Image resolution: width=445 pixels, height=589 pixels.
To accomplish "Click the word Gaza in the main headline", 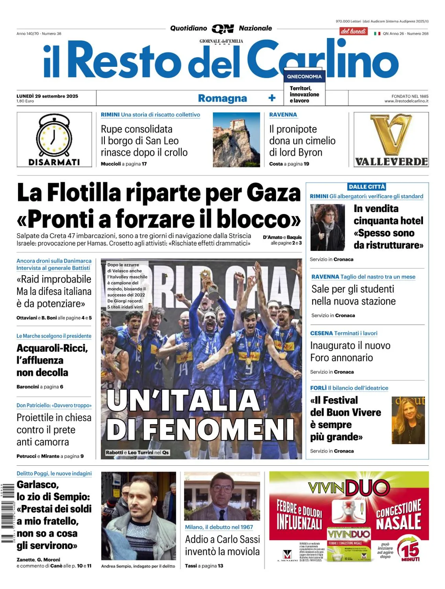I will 273,193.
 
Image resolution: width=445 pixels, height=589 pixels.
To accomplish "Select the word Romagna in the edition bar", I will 222,98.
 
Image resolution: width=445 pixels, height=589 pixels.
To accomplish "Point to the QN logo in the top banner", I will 223,29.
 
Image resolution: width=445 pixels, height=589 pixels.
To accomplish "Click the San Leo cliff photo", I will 236,140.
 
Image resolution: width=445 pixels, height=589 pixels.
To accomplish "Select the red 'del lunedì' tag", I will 353,31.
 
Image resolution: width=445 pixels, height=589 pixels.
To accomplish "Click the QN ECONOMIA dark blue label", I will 304,77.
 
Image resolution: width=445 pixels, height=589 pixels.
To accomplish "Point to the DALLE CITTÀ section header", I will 367,187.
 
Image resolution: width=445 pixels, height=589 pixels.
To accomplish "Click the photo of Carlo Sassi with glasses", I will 222,496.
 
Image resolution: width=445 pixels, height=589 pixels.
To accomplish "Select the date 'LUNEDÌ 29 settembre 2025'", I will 47,96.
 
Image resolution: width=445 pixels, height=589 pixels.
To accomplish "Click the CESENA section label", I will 321,333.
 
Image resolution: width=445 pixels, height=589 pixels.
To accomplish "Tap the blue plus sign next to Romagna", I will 272,98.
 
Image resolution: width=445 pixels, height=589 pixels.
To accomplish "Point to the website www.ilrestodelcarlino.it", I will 406,101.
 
